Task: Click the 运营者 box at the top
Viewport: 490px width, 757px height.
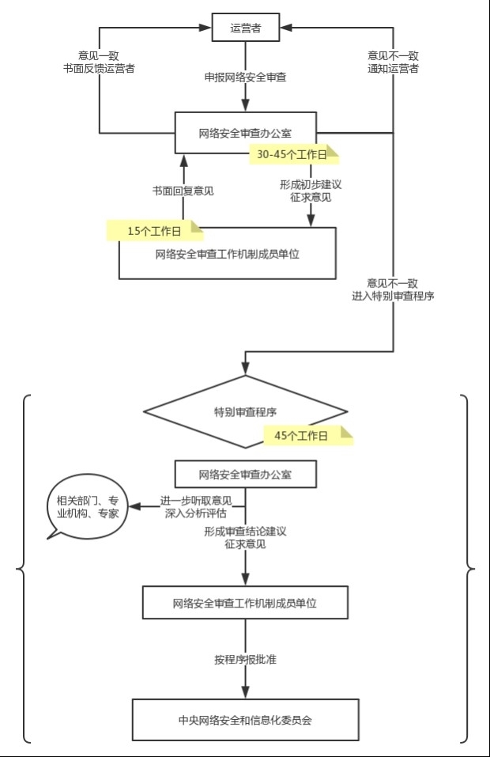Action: click(246, 28)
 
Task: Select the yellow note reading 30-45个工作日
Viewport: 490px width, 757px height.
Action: click(294, 154)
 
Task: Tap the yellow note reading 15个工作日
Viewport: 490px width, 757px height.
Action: click(155, 231)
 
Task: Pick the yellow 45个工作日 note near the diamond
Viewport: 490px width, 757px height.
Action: click(308, 436)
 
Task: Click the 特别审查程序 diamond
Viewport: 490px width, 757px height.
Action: click(246, 412)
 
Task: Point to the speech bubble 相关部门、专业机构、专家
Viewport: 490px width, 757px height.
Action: click(87, 506)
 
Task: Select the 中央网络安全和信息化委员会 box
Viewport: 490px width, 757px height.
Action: click(246, 720)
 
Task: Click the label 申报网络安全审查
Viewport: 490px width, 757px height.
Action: click(246, 77)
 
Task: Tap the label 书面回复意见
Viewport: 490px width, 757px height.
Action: click(183, 191)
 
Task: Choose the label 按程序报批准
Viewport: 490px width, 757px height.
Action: click(246, 659)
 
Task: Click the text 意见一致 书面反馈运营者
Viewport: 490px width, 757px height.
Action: click(99, 62)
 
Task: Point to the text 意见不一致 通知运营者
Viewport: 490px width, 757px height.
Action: click(393, 62)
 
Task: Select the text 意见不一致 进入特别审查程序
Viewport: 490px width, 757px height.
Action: click(393, 290)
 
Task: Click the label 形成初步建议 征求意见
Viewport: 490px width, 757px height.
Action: click(311, 191)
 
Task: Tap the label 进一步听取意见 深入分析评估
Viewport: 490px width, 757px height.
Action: click(196, 507)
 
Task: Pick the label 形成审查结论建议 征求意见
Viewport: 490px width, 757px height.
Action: click(246, 537)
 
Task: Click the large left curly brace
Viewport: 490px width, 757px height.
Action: click(23, 569)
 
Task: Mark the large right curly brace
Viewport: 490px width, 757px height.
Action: click(467, 569)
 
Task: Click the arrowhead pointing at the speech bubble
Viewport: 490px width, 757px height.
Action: click(134, 506)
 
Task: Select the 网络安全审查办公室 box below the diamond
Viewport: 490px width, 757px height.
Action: click(246, 474)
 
